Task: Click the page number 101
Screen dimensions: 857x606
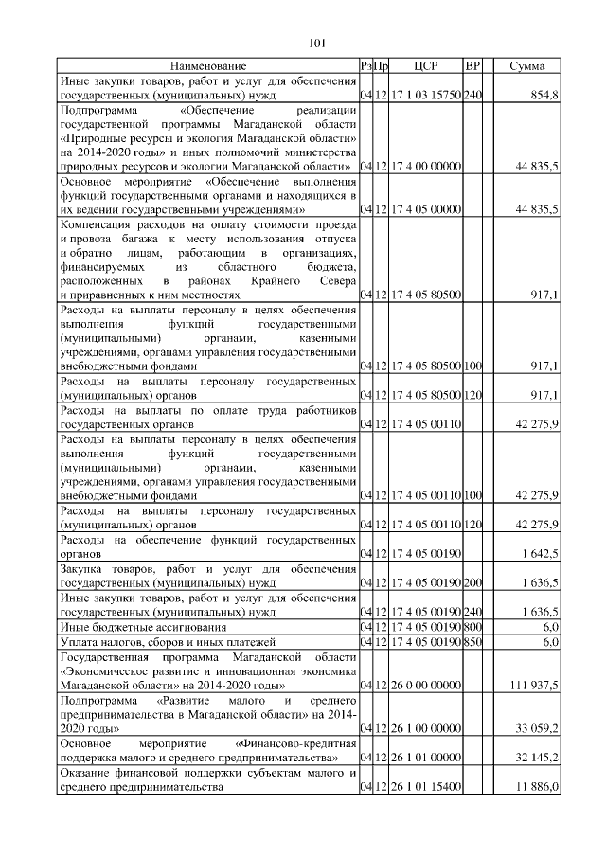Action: pos(317,42)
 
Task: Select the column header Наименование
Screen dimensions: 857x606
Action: pos(208,66)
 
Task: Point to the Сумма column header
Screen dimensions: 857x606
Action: pos(526,66)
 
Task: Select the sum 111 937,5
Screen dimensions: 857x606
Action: pos(534,684)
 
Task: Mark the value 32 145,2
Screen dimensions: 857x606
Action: pos(538,758)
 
